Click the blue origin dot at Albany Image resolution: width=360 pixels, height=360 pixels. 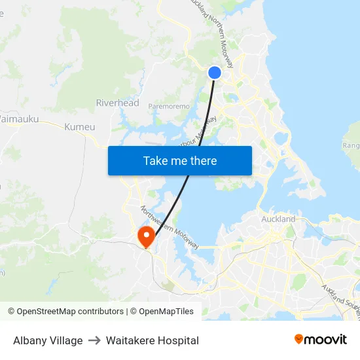click(x=215, y=73)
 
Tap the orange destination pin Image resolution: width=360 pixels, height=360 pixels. click(x=145, y=236)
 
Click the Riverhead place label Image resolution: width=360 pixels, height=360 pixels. click(x=117, y=103)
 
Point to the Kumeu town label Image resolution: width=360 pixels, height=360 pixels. click(x=80, y=126)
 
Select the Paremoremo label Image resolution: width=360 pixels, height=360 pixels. click(x=169, y=106)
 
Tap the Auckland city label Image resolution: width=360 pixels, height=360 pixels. click(x=278, y=219)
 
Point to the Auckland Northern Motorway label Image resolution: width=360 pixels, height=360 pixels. click(x=212, y=33)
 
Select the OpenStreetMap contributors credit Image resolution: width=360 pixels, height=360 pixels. click(x=65, y=312)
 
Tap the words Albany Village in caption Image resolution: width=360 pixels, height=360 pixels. click(x=48, y=340)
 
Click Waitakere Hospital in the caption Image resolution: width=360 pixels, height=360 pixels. click(x=152, y=340)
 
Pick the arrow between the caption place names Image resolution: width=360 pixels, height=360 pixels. click(x=94, y=340)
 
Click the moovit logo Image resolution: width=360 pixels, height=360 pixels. click(x=320, y=339)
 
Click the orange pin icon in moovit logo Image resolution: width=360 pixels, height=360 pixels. click(x=299, y=339)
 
